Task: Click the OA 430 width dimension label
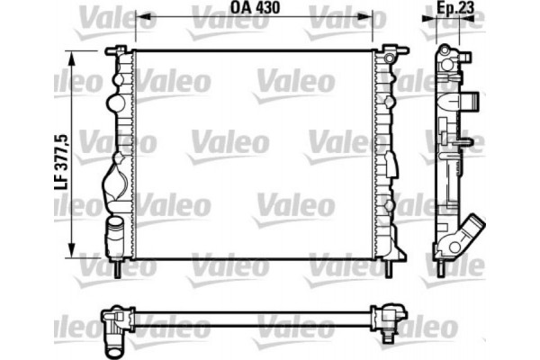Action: coord(256,13)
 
